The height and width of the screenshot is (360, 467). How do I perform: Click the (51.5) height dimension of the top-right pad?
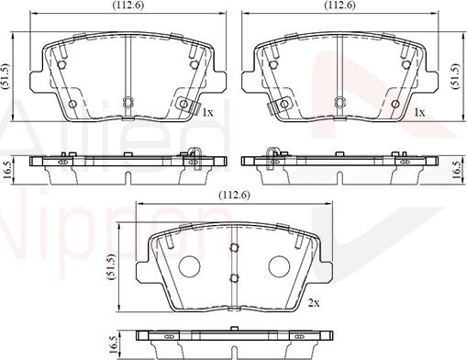(x=458, y=73)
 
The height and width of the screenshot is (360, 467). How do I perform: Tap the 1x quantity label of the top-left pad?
(x=208, y=112)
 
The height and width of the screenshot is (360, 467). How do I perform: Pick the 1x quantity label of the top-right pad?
(x=419, y=112)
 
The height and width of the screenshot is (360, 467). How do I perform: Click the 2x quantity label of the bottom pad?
(x=314, y=302)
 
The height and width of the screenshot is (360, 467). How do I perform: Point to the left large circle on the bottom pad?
(x=188, y=265)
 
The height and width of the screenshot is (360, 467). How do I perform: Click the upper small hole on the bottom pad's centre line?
(x=234, y=246)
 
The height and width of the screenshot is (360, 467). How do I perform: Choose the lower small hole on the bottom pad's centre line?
(x=234, y=278)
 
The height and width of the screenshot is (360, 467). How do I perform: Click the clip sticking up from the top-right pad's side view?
(x=271, y=153)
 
